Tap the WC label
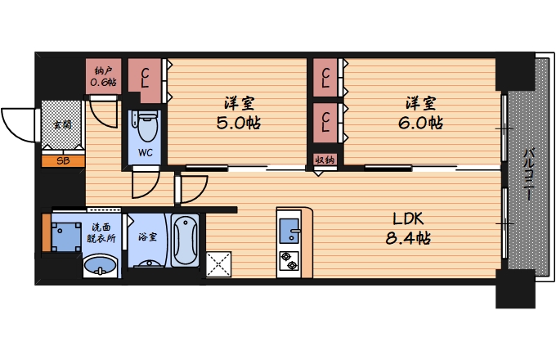[146, 152]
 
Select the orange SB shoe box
[63, 161]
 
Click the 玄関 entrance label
[62, 124]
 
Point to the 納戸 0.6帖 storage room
[103, 76]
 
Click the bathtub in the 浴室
[185, 240]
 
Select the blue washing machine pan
[66, 237]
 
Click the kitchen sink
[289, 231]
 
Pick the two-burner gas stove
[289, 261]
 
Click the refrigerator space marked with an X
[219, 264]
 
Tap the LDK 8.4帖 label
[408, 229]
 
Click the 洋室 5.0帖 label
[239, 113]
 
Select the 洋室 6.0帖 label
[420, 113]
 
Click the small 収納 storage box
[325, 160]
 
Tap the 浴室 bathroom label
[147, 236]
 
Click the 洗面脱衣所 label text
[101, 232]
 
